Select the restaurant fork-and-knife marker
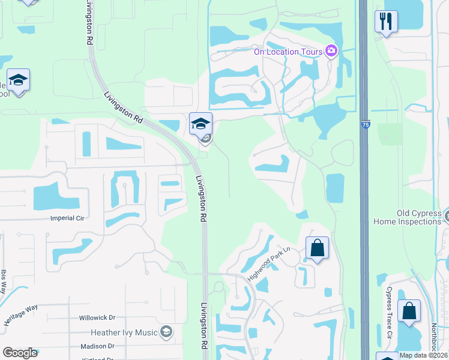click(386, 22)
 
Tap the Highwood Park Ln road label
click(269, 265)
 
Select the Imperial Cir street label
click(67, 218)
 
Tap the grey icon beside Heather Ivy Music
click(166, 332)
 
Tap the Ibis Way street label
click(3, 280)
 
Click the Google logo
click(20, 352)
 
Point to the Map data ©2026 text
click(423, 355)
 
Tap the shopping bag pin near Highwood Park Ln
click(317, 247)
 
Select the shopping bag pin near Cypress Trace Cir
click(409, 311)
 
